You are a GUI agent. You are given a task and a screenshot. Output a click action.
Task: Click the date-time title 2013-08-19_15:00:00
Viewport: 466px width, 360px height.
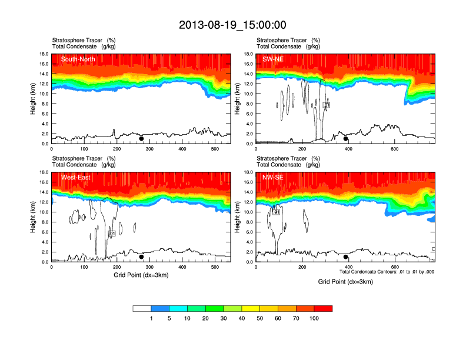point(232,25)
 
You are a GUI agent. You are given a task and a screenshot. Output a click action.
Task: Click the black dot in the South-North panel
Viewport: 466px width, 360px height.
point(141,139)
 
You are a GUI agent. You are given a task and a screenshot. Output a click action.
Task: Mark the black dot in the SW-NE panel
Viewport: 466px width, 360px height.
point(346,139)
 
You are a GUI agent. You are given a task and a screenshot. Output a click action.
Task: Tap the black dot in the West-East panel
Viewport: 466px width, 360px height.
point(141,257)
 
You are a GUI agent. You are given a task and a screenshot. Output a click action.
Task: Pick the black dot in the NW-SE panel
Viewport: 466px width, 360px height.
point(346,257)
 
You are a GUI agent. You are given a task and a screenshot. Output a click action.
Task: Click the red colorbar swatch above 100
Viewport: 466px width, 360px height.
point(323,308)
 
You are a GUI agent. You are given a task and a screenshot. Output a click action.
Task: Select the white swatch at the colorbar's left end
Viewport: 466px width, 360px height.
point(142,308)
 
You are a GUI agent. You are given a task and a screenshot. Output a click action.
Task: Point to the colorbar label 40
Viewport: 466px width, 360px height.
point(242,318)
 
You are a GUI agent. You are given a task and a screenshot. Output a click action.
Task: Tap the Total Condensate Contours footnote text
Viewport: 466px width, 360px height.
point(387,272)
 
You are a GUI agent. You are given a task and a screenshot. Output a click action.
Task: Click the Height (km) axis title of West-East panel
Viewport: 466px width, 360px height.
point(34,217)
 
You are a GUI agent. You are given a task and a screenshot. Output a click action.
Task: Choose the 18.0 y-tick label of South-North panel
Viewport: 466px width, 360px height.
point(43,54)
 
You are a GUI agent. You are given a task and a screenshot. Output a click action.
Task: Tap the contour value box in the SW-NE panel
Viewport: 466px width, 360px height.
point(327,105)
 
